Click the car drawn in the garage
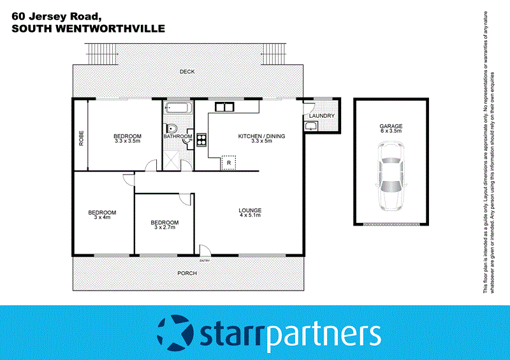(x=391, y=176)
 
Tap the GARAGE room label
(x=391, y=127)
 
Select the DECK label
(x=187, y=72)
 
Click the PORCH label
(x=187, y=273)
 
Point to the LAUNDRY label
(x=317, y=116)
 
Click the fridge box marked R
(x=228, y=163)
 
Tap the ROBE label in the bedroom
(x=81, y=139)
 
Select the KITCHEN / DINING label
(x=261, y=136)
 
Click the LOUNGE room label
(x=250, y=211)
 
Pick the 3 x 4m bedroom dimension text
(x=102, y=218)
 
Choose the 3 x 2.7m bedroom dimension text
(x=164, y=228)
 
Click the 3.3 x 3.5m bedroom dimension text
(x=127, y=141)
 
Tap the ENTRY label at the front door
(x=205, y=261)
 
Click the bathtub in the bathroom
(x=177, y=108)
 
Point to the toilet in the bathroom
(x=170, y=128)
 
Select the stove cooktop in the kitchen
(x=201, y=140)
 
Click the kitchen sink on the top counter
(x=223, y=106)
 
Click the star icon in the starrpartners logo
(x=174, y=332)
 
